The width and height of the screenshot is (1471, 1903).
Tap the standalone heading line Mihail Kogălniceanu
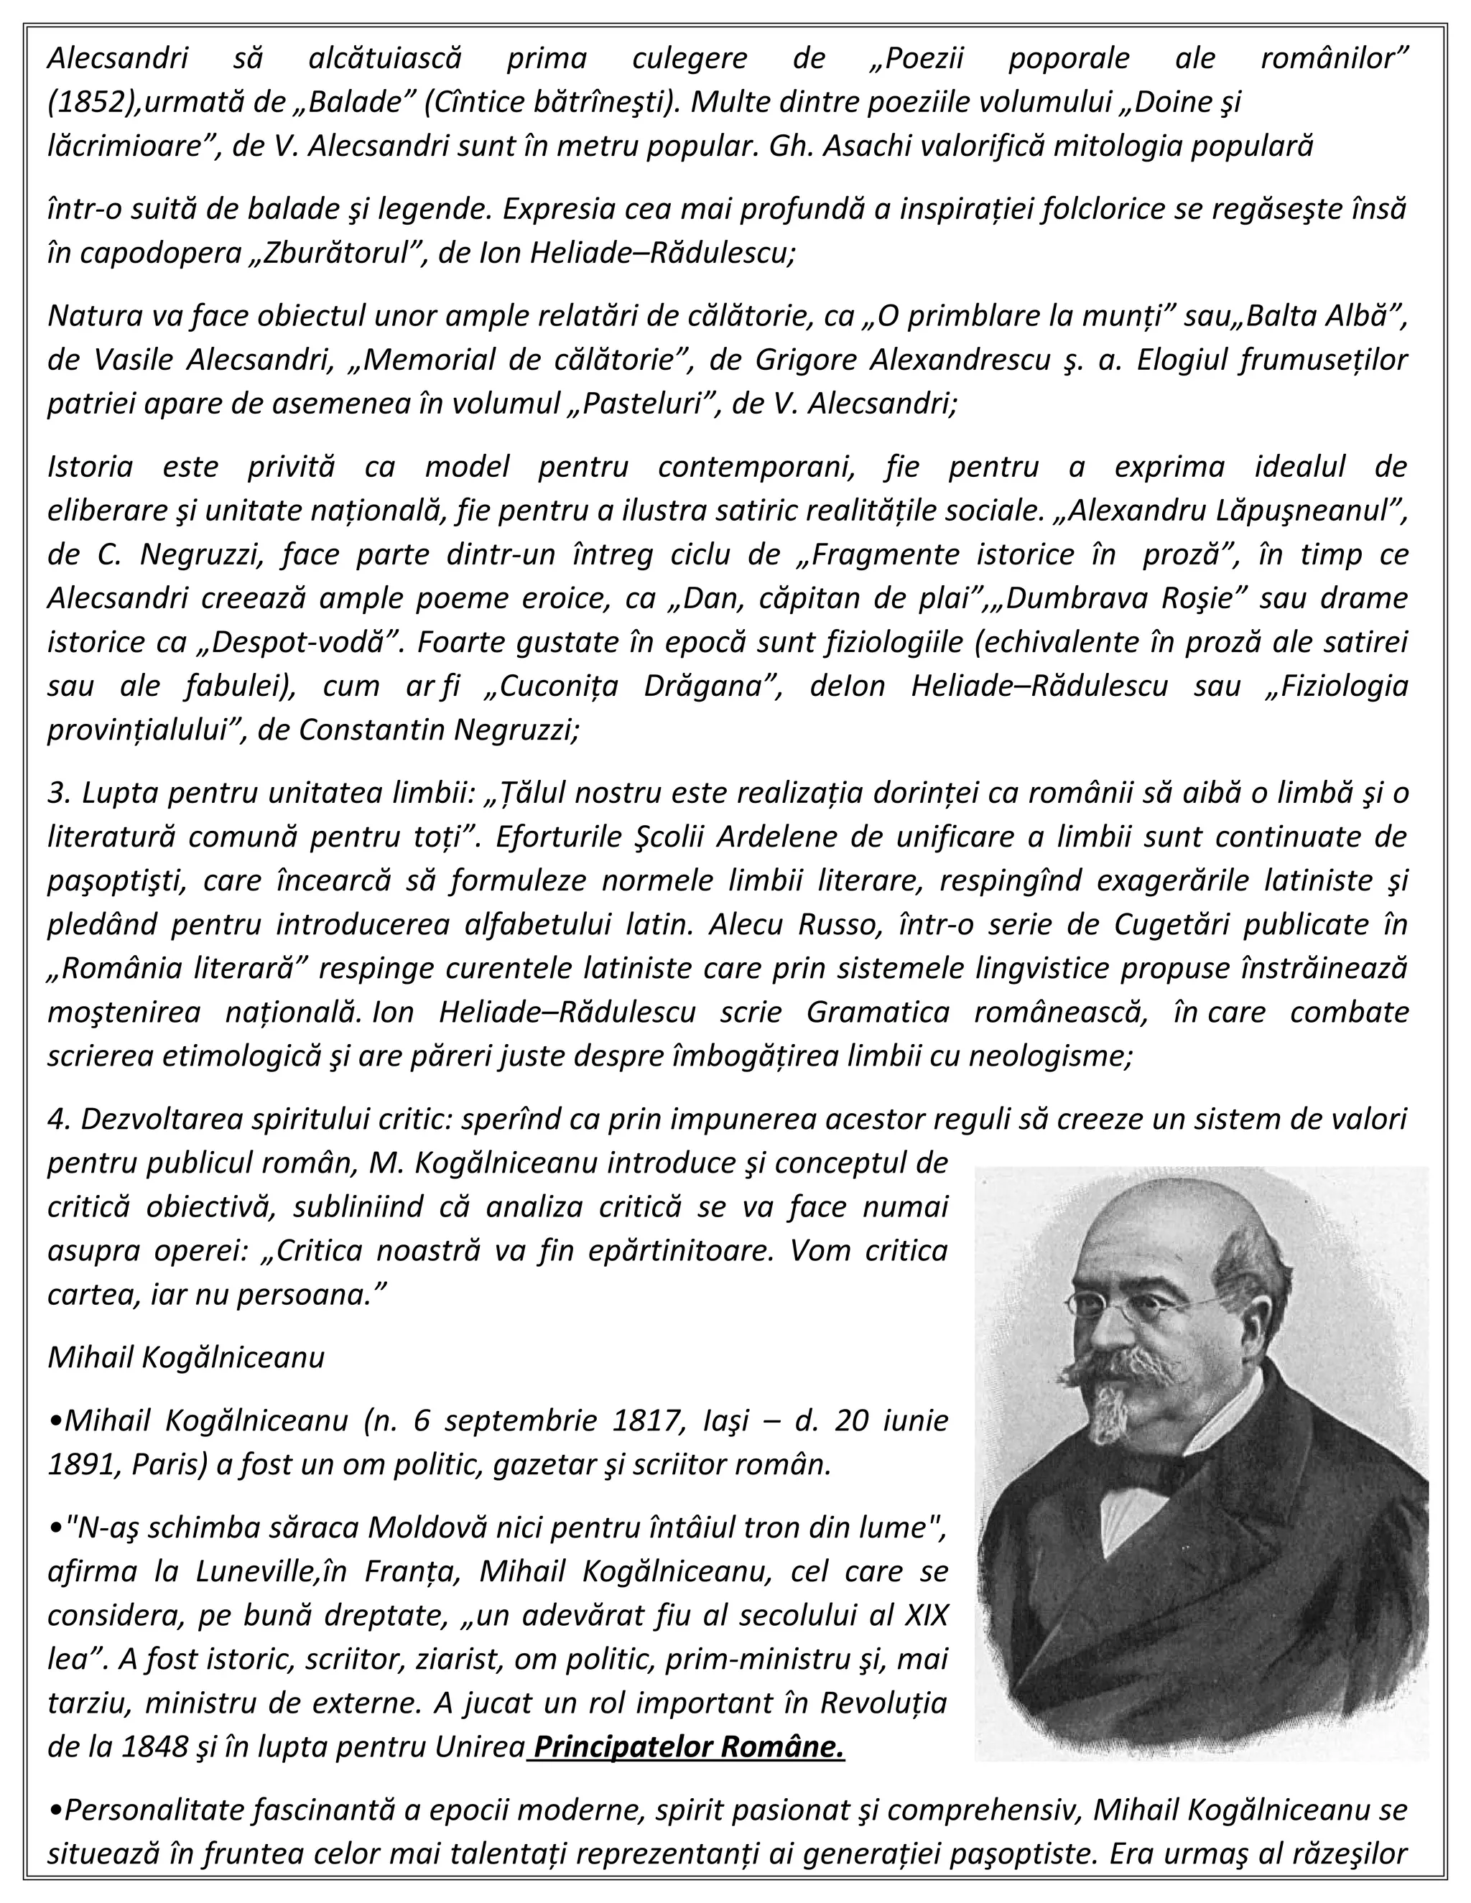point(185,1357)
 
